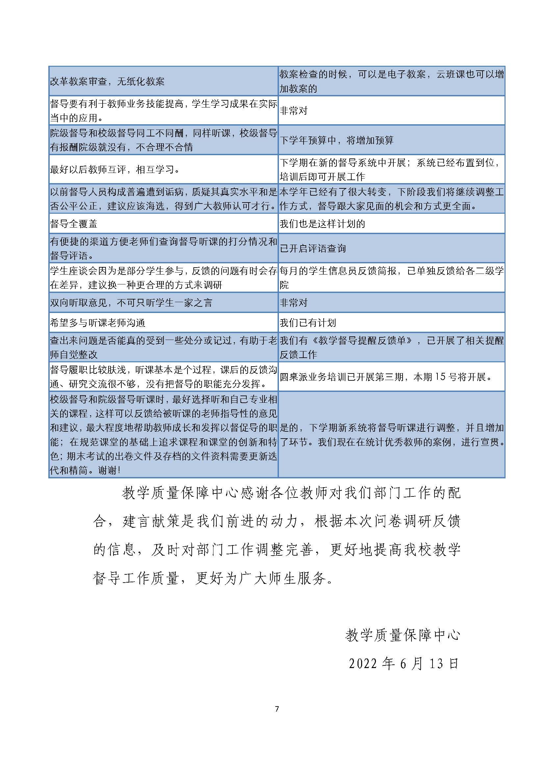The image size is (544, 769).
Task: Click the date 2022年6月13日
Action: tap(403, 663)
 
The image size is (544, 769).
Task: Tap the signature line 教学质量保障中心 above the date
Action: tap(403, 635)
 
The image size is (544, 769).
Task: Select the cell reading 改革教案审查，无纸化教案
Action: tap(107, 82)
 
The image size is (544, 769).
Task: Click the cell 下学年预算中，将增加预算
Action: tap(336, 140)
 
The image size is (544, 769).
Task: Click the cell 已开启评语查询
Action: tap(313, 248)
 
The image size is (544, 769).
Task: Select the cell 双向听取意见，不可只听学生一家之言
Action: tap(131, 303)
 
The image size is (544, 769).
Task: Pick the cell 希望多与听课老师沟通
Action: tap(97, 323)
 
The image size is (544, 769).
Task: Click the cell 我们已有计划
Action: tap(308, 323)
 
